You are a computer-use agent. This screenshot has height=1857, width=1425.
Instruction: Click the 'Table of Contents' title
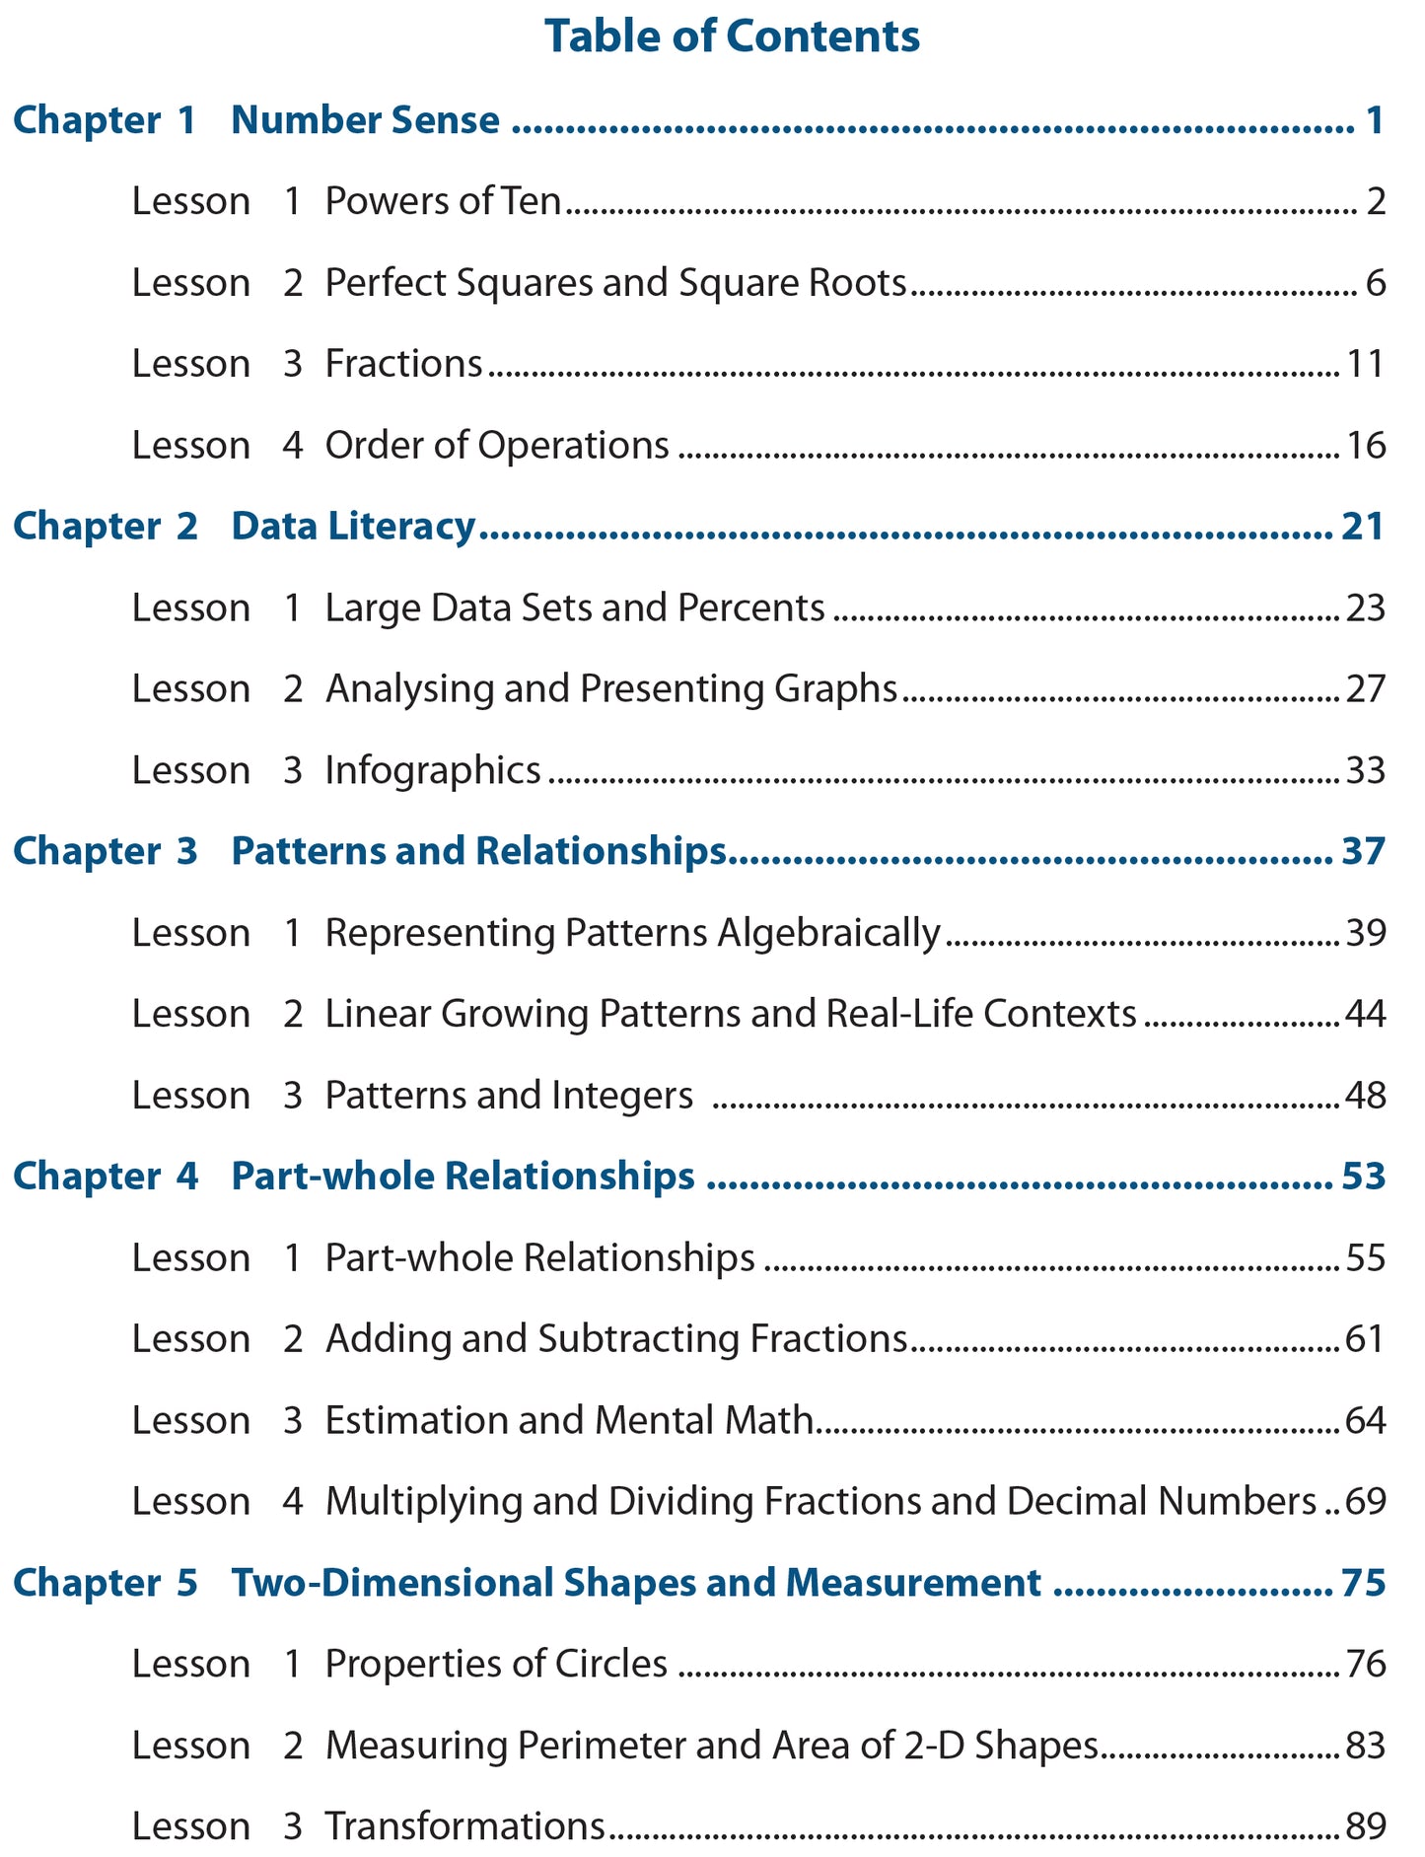pos(732,37)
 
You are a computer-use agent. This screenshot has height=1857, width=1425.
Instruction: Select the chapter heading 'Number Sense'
pos(365,121)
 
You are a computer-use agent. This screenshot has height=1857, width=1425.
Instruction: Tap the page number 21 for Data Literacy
pos(1363,527)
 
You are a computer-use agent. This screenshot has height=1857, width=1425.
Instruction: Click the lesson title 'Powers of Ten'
pos(443,202)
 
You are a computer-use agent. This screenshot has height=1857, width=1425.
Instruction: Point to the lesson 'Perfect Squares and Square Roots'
pos(615,284)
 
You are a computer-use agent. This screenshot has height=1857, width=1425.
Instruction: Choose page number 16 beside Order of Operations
pos(1366,446)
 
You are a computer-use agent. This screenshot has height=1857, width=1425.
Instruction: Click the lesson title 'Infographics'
pos(433,770)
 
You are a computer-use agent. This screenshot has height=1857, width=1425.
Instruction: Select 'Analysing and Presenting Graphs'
pos(611,689)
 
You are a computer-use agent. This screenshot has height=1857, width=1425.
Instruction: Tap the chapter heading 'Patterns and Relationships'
pos(478,851)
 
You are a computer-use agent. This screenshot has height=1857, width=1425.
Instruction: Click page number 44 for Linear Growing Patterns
pos(1366,1014)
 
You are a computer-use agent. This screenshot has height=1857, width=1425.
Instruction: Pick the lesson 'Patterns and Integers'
pos(509,1096)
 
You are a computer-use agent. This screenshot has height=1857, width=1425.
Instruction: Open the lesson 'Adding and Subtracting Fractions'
pos(616,1339)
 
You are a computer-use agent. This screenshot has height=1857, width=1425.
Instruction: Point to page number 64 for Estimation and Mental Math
pos(1366,1421)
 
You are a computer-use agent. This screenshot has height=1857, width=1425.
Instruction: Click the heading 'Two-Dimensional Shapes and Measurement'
pos(636,1583)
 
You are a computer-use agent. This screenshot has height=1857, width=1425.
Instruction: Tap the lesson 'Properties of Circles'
pos(496,1665)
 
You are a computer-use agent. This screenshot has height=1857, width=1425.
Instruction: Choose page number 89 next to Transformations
pos(1366,1826)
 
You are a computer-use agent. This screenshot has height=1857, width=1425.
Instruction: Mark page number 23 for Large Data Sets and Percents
pos(1366,608)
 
